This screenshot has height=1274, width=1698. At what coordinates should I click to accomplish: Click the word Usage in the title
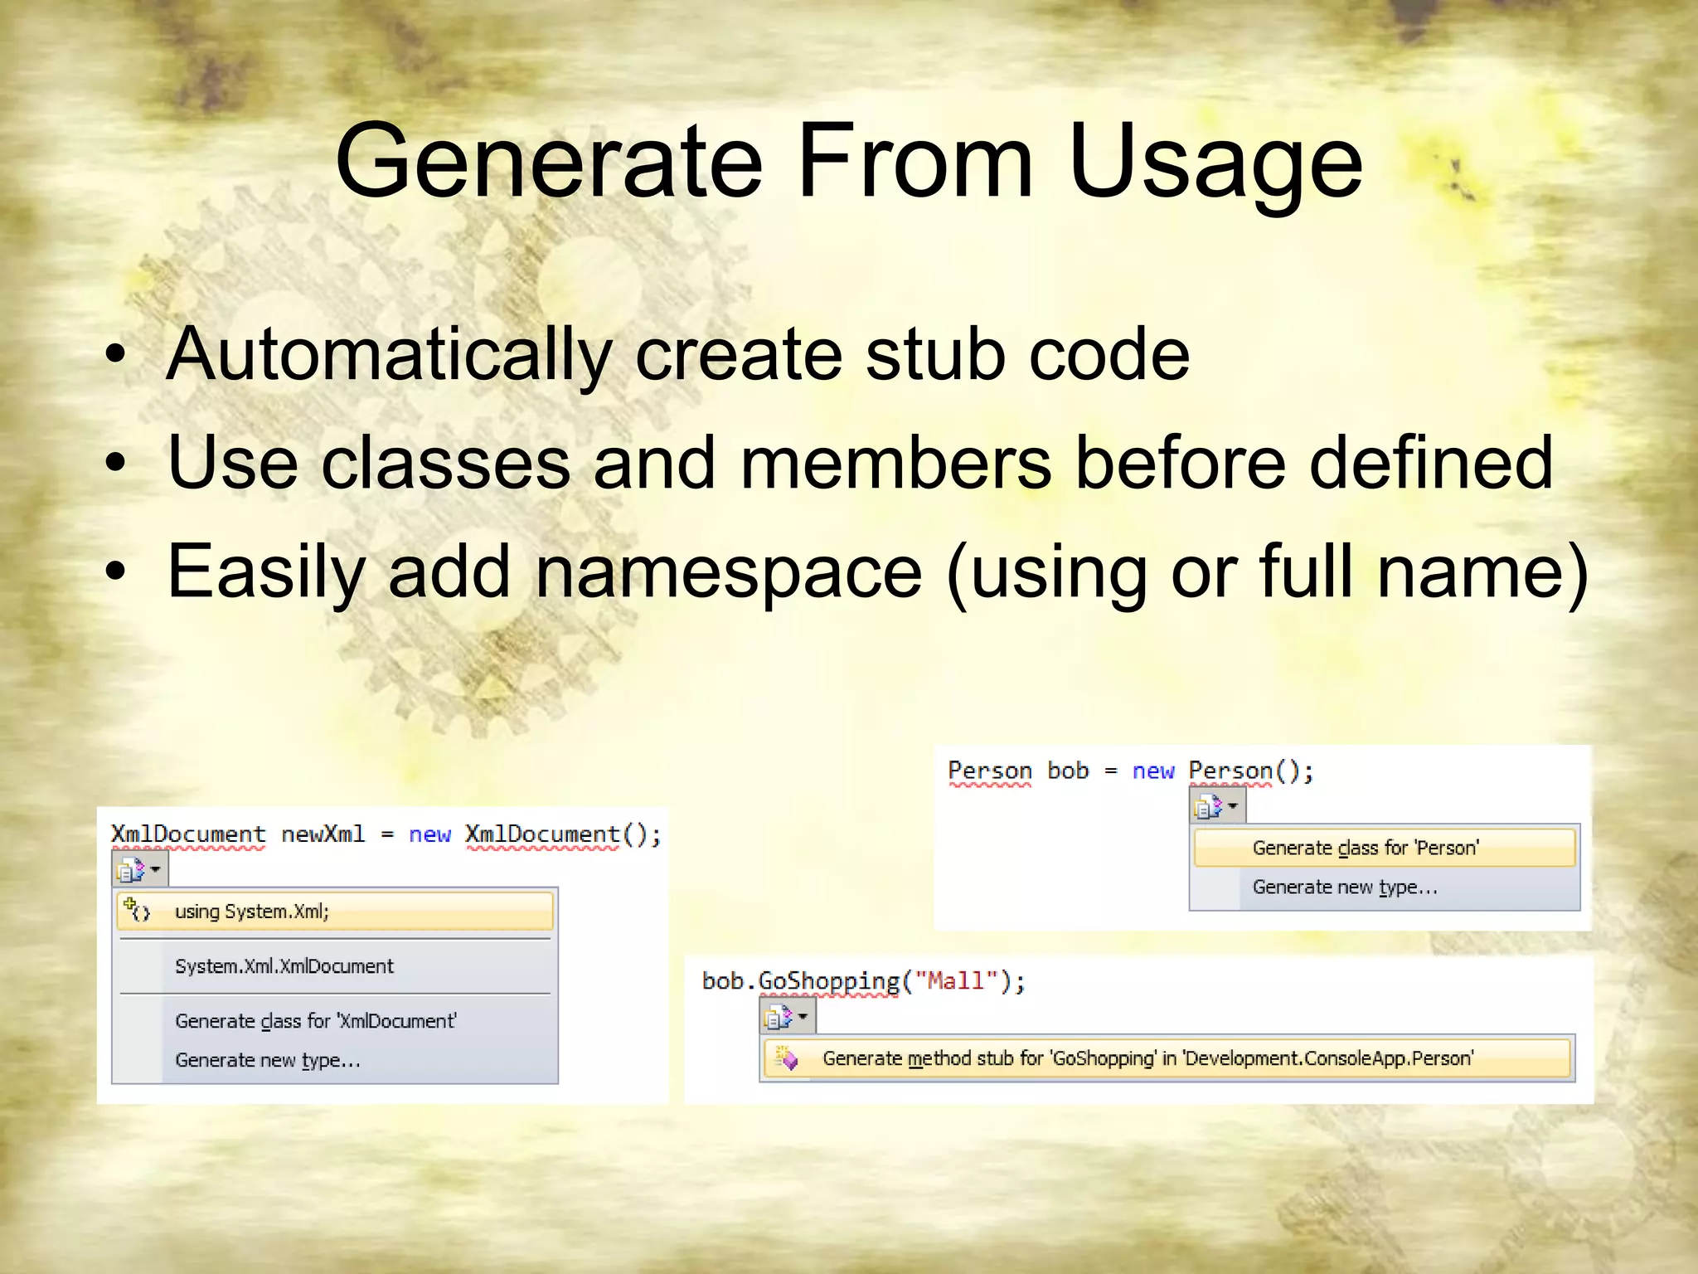[1215, 161]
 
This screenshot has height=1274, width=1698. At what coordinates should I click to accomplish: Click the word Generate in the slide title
[548, 161]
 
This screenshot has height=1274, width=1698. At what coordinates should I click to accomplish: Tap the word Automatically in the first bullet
[389, 355]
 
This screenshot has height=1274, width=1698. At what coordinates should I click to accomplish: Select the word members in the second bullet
[895, 463]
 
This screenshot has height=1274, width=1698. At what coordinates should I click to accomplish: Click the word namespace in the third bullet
[729, 571]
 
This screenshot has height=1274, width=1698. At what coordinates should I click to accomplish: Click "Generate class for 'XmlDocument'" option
[316, 1021]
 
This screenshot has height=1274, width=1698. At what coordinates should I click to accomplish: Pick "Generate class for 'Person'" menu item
[1366, 848]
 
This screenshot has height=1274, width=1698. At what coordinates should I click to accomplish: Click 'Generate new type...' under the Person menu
[1345, 887]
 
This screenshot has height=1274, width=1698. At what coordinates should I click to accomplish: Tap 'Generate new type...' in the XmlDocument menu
[268, 1060]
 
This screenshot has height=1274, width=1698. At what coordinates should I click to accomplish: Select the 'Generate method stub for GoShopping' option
[1147, 1058]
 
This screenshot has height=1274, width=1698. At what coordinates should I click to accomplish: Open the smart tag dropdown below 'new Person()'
[1216, 806]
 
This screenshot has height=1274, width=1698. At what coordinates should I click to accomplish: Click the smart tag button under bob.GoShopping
[787, 1016]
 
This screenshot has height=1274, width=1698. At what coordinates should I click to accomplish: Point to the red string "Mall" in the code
[955, 981]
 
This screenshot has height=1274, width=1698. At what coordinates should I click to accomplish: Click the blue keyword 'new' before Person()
[1153, 771]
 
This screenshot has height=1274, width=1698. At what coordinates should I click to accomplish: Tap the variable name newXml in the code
[323, 834]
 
